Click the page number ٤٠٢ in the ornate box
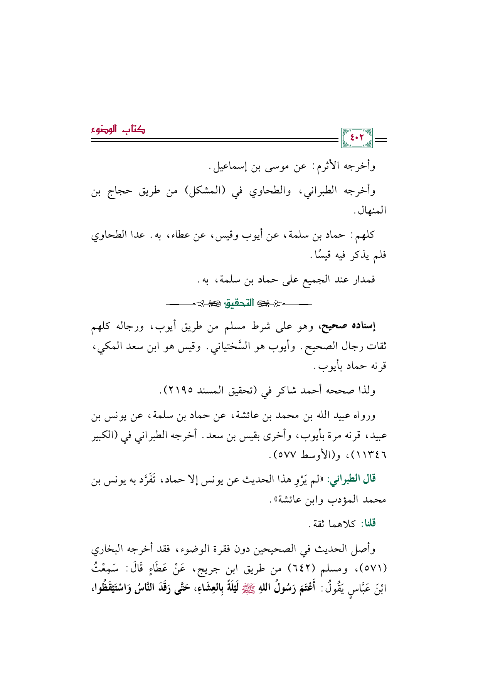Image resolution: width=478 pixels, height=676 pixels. [x=357, y=138]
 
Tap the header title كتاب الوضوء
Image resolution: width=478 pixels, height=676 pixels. [x=118, y=129]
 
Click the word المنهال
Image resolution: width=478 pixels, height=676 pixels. [x=370, y=210]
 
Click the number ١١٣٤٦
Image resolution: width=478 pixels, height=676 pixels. [x=372, y=455]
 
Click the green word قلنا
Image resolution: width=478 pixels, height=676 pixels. [x=368, y=524]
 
